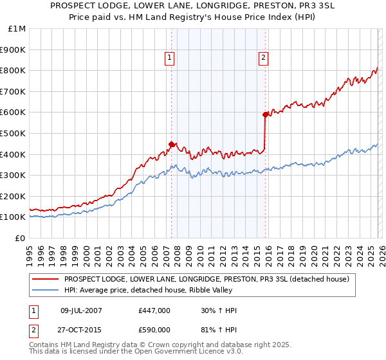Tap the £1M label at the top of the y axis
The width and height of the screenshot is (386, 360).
click(17, 29)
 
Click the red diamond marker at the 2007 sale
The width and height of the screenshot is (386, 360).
click(171, 145)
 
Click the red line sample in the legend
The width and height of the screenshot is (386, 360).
click(46, 279)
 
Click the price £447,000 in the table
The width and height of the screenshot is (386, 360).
click(154, 310)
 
